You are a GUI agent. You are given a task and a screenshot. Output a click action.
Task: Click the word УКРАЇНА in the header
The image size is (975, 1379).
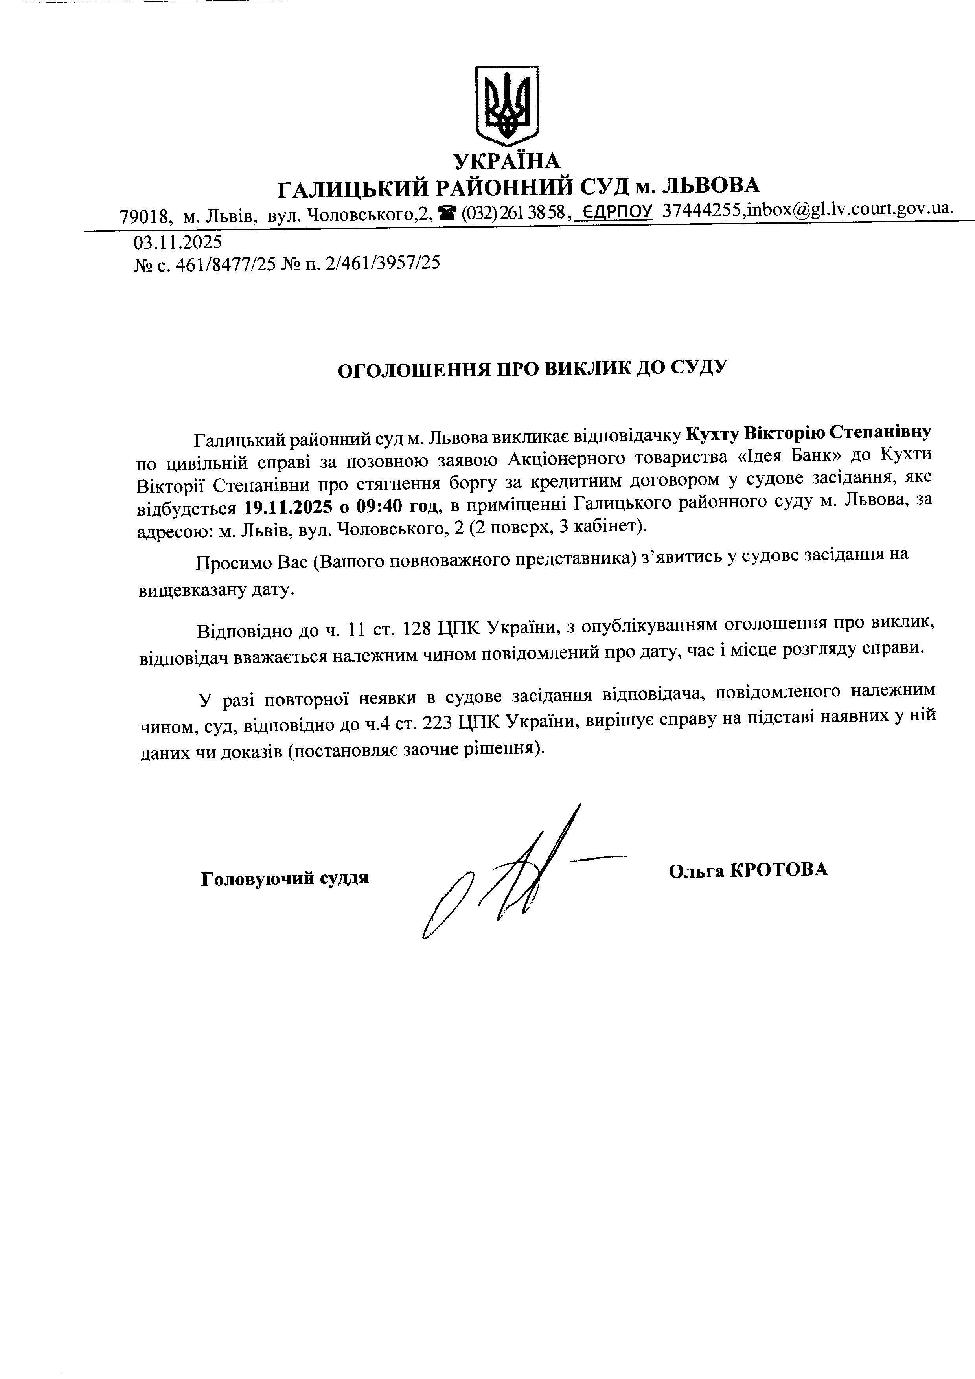coord(506,161)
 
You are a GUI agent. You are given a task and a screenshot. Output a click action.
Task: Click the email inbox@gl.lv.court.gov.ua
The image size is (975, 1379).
coord(849,208)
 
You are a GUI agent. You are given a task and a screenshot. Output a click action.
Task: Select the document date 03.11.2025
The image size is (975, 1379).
coord(177,242)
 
